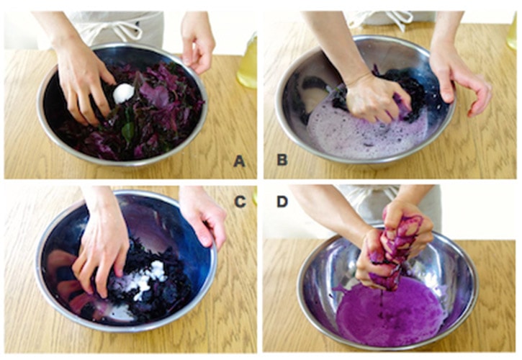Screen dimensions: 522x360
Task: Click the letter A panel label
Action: [x=239, y=161]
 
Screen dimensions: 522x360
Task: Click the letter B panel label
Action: [x=282, y=160]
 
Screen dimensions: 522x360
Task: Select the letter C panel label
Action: [x=240, y=202]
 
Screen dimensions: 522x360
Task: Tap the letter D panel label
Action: [x=282, y=202]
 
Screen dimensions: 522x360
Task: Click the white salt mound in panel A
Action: [x=123, y=93]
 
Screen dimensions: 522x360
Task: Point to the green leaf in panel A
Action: [x=128, y=131]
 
